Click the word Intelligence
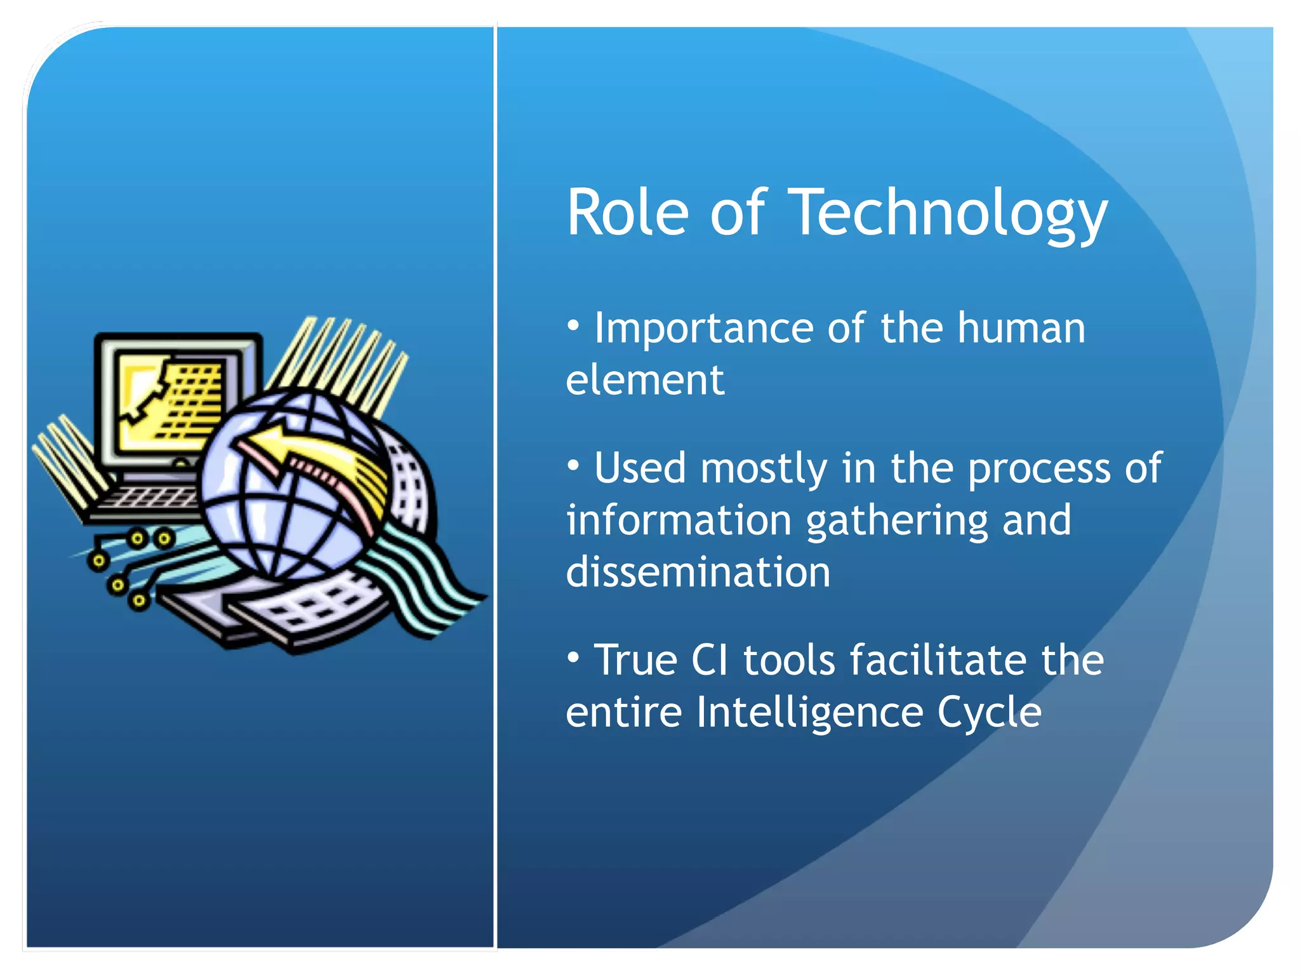[x=809, y=712]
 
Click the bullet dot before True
[x=573, y=659]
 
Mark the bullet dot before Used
[x=573, y=467]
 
